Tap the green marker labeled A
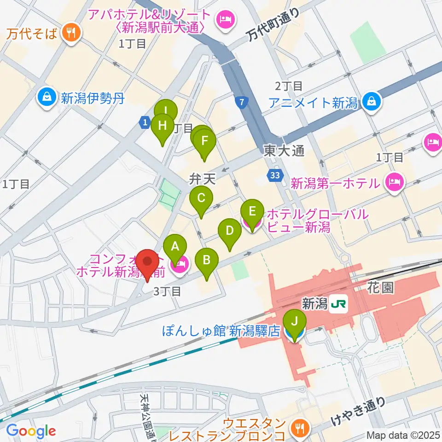pyautogui.click(x=175, y=246)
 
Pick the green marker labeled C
pyautogui.click(x=201, y=198)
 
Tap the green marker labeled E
pyautogui.click(x=252, y=212)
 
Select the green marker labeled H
pyautogui.click(x=162, y=126)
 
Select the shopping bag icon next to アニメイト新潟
pyautogui.click(x=371, y=102)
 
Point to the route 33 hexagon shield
pyautogui.click(x=275, y=175)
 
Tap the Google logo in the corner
pyautogui.click(x=30, y=431)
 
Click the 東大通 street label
pyautogui.click(x=284, y=151)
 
